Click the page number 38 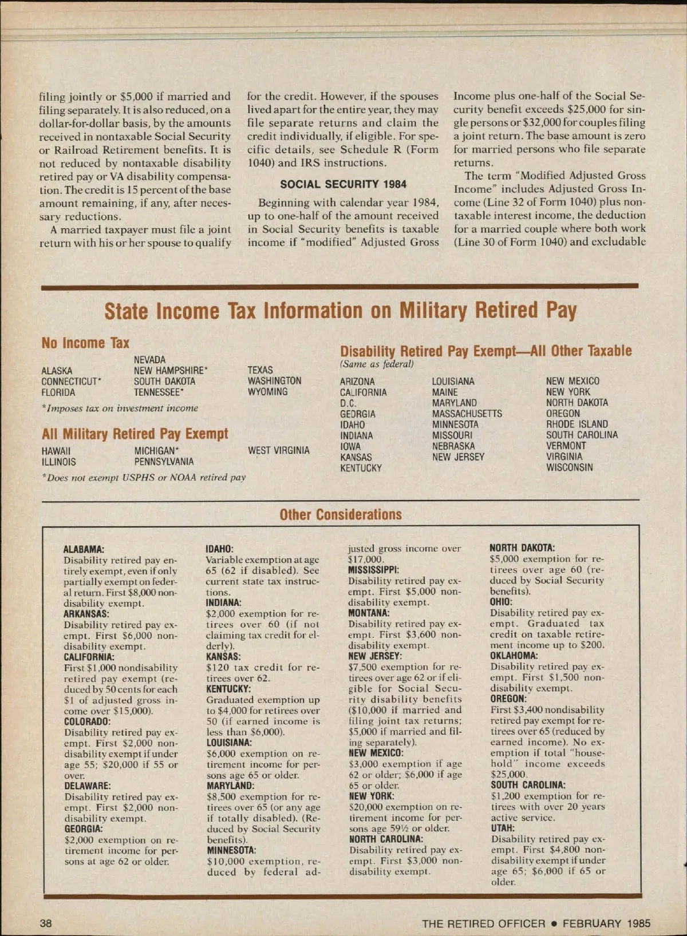click(x=45, y=923)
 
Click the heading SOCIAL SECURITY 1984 click(x=343, y=184)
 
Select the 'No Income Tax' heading click(x=85, y=343)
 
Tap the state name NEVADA click(x=149, y=360)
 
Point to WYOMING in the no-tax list click(x=267, y=392)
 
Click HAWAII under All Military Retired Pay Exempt click(x=56, y=451)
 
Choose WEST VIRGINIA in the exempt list click(x=278, y=451)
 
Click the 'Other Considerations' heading click(x=341, y=514)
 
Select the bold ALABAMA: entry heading click(x=84, y=549)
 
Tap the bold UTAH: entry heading click(x=502, y=828)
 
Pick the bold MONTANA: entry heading click(x=369, y=613)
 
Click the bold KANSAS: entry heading click(x=223, y=657)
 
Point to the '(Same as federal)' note click(x=377, y=364)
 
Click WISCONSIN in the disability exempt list click(x=569, y=467)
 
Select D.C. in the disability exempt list click(x=348, y=403)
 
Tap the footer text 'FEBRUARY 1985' click(x=606, y=923)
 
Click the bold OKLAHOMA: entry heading click(x=514, y=656)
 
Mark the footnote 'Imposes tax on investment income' click(x=120, y=408)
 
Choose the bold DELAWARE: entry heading click(x=87, y=786)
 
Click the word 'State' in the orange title click(x=126, y=311)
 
